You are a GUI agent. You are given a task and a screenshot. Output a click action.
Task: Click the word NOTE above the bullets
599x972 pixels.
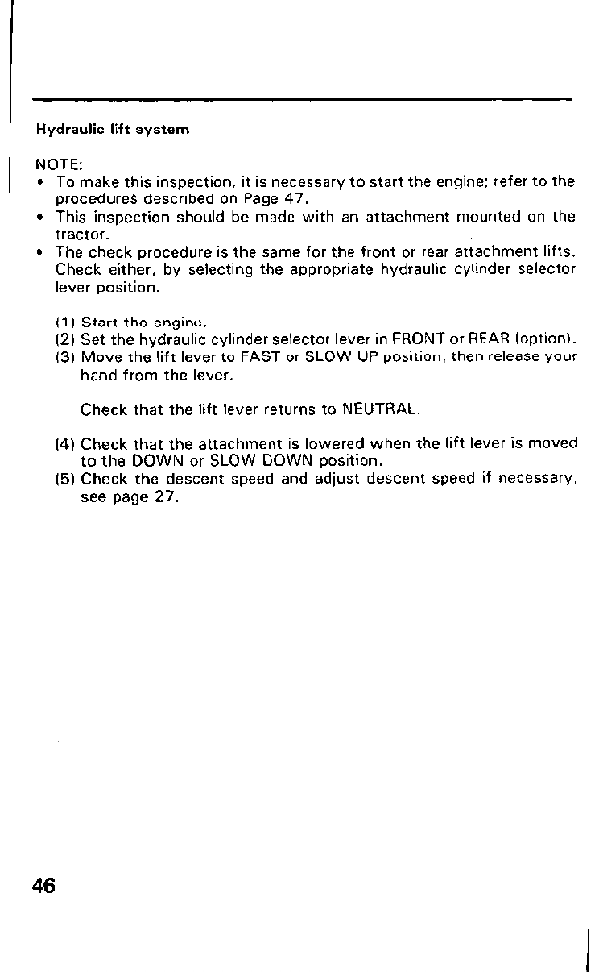(x=52, y=162)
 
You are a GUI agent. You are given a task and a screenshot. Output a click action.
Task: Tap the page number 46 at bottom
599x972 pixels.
(x=44, y=886)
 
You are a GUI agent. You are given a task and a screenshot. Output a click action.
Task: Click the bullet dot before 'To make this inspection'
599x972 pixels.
(x=40, y=181)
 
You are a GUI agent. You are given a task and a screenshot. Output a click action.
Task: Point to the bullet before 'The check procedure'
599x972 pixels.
(x=40, y=252)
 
